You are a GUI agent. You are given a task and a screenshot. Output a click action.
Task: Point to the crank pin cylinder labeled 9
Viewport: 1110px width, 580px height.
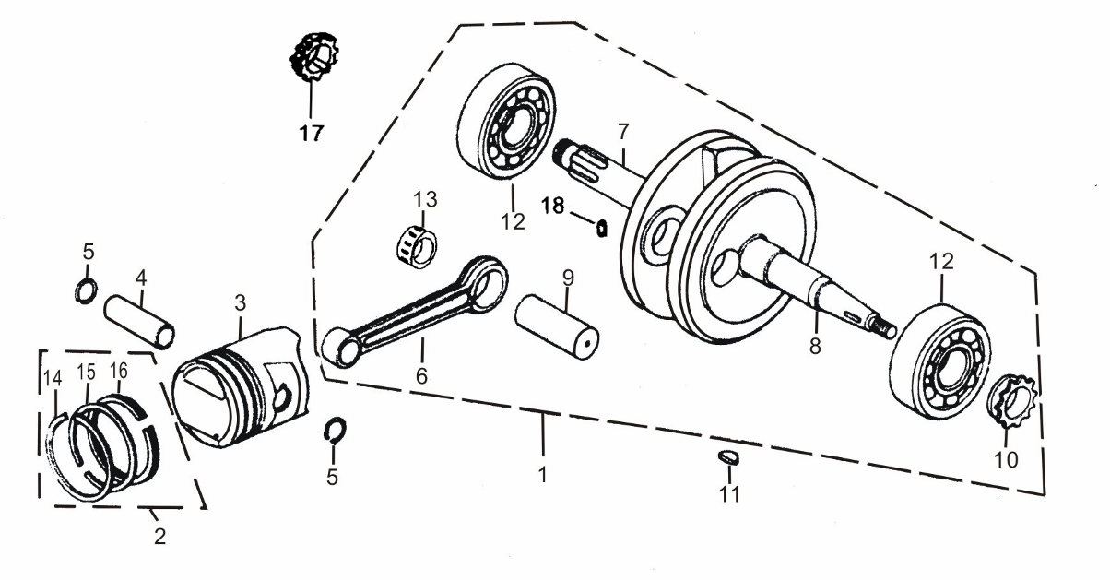(559, 325)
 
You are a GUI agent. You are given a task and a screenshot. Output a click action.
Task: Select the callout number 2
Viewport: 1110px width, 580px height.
(159, 536)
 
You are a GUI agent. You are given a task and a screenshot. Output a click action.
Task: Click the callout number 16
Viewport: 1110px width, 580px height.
(118, 371)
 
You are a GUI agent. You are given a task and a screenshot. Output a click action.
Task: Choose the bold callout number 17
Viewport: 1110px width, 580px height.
(311, 134)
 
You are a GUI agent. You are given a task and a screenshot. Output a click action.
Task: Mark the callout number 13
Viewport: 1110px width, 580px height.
(425, 199)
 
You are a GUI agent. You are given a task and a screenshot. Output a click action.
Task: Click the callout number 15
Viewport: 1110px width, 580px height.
(86, 372)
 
